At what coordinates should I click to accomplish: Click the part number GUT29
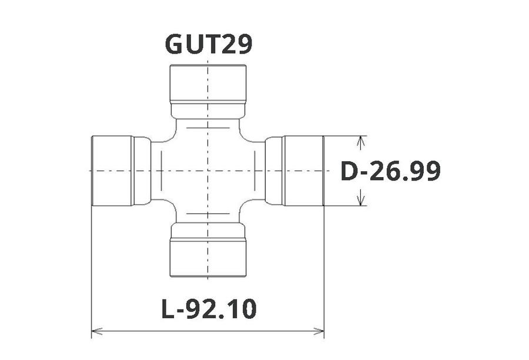209,45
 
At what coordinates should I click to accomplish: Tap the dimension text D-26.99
391,171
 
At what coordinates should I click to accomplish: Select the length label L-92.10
209,309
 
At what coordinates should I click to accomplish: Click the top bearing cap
208,83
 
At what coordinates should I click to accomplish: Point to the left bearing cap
112,171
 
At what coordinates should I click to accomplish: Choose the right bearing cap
303,171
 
